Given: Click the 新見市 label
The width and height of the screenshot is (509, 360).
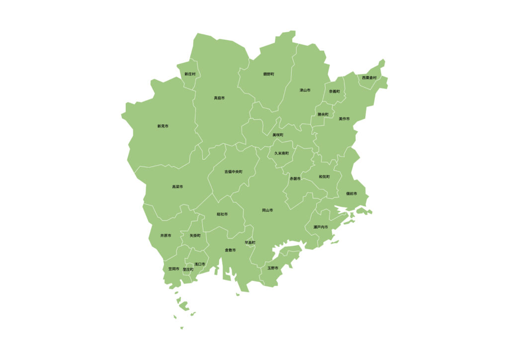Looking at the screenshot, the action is pos(163,126).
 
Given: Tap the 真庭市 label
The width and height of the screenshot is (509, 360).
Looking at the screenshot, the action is pos(219,98).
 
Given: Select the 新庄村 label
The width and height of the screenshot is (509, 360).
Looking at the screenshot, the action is pos(190,74).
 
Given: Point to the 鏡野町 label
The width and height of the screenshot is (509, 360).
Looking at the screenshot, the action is pos(268,74).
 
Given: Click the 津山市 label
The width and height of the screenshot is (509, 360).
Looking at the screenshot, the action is pos(305,90).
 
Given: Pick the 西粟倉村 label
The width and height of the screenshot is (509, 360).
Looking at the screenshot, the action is pos(369,78).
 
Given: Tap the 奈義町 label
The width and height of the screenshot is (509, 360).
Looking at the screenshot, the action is pos(334,91).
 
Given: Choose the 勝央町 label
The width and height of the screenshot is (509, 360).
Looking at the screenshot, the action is pos(323,114).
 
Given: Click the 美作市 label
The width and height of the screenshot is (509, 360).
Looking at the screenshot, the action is pos(344,119).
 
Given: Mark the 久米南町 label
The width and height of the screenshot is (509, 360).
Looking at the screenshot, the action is pos(281,153).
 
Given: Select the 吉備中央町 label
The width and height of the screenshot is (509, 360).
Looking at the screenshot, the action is pos(233,172).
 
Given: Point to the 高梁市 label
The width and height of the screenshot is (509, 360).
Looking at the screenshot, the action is pos(177,186).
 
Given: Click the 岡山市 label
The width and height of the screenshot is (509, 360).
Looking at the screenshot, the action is pos(267,210).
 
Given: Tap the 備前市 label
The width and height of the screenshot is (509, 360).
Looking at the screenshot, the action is pos(351,193).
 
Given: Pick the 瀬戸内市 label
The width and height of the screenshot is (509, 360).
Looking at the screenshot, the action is pos(321,227).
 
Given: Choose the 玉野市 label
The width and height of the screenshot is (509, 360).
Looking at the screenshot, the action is pos(273,268).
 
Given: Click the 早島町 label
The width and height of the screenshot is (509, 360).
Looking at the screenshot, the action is pos(250,243).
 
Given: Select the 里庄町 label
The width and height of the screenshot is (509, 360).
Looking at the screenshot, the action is pos(188,269).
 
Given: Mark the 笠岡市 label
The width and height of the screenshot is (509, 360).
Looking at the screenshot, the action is pos(173,269).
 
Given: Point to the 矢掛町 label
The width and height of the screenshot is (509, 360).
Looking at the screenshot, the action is pos(195,235).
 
